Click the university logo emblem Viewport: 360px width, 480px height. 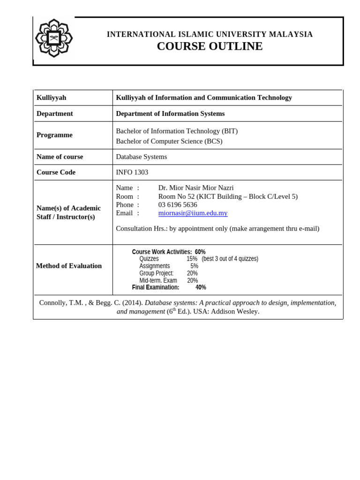pos(53,38)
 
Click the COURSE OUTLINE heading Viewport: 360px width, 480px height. pos(210,46)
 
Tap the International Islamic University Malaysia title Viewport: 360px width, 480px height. pos(210,34)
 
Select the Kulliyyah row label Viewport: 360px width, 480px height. pos(52,97)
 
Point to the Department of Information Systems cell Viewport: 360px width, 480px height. pos(170,113)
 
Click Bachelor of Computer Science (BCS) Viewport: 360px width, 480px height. pos(169,141)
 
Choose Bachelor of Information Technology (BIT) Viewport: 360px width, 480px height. pos(176,131)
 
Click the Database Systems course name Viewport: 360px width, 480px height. pos(141,157)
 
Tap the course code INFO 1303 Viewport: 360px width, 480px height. pos(132,172)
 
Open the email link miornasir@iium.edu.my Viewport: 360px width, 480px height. pos(193,213)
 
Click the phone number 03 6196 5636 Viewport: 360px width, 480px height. pos(178,204)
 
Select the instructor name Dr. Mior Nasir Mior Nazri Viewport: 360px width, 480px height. pos(195,187)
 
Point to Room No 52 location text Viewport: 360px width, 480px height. pos(227,196)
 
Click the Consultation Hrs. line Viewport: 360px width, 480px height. pos(217,228)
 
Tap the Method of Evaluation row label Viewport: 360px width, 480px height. pos(69,266)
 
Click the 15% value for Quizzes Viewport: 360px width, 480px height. pos(192,259)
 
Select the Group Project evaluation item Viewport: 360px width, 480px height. pos(156,273)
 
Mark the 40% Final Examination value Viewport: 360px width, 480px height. pos(201,287)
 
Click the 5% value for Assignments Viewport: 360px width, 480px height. pos(194,266)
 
